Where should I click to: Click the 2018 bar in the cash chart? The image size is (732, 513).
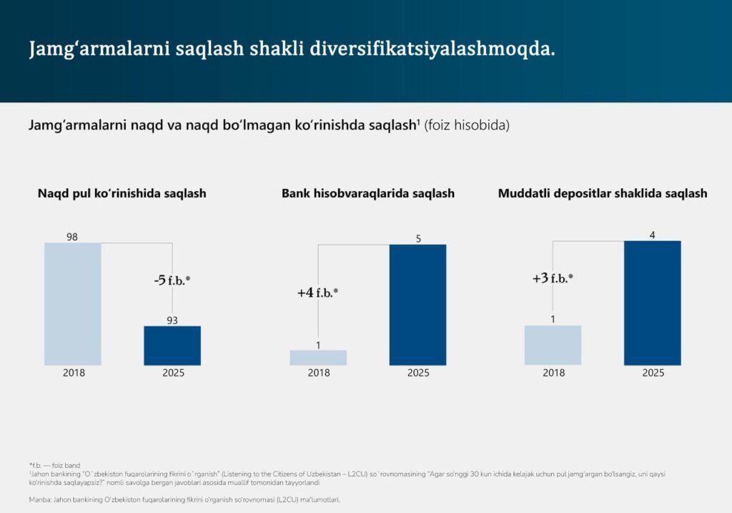pyautogui.click(x=73, y=304)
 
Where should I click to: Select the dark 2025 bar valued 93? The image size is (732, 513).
pyautogui.click(x=172, y=346)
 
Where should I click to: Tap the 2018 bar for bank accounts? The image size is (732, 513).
pyautogui.click(x=318, y=358)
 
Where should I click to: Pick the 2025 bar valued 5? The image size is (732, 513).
pyautogui.click(x=417, y=305)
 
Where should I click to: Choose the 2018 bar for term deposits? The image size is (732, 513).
pyautogui.click(x=553, y=346)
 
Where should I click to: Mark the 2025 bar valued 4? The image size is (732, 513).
pyautogui.click(x=652, y=303)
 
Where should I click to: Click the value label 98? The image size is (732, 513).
pyautogui.click(x=72, y=237)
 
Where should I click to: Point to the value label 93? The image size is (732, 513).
pyautogui.click(x=172, y=321)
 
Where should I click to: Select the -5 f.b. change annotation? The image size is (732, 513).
pyautogui.click(x=172, y=280)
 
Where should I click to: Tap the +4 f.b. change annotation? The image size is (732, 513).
pyautogui.click(x=317, y=293)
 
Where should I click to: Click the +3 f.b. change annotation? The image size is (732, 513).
pyautogui.click(x=553, y=278)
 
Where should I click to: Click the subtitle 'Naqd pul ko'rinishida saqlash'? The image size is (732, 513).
pyautogui.click(x=122, y=193)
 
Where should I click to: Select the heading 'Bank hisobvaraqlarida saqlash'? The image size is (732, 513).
pyautogui.click(x=368, y=193)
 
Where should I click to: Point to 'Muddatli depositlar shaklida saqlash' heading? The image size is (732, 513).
pyautogui.click(x=603, y=193)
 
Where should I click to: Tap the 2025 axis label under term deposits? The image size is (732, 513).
pyautogui.click(x=653, y=373)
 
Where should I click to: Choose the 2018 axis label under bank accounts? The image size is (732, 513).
pyautogui.click(x=319, y=373)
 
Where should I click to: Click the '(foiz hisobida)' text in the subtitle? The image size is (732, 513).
pyautogui.click(x=466, y=125)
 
